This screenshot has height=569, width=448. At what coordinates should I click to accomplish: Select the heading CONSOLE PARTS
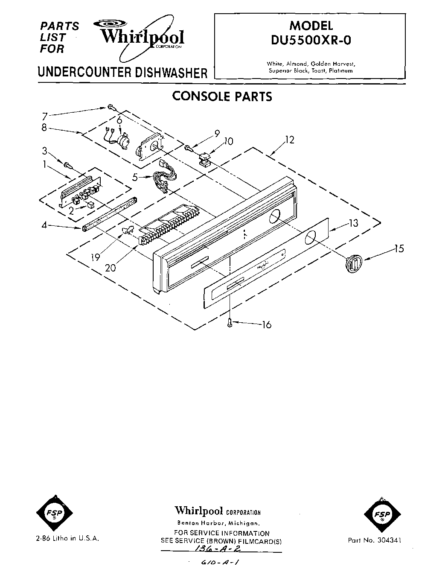pyautogui.click(x=222, y=96)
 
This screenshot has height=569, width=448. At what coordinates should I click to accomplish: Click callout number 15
pyautogui.click(x=399, y=248)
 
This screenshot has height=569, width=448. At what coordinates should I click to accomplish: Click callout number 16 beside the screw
pyautogui.click(x=266, y=325)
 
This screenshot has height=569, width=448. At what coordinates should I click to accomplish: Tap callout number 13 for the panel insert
pyautogui.click(x=352, y=223)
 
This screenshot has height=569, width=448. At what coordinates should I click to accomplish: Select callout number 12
pyautogui.click(x=290, y=140)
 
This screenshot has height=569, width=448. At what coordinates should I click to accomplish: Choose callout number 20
pyautogui.click(x=110, y=268)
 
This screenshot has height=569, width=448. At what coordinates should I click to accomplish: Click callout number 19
pyautogui.click(x=95, y=257)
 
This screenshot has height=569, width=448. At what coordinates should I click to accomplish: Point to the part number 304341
pyautogui.click(x=375, y=540)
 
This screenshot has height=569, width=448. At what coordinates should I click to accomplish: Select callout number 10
pyautogui.click(x=228, y=141)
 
